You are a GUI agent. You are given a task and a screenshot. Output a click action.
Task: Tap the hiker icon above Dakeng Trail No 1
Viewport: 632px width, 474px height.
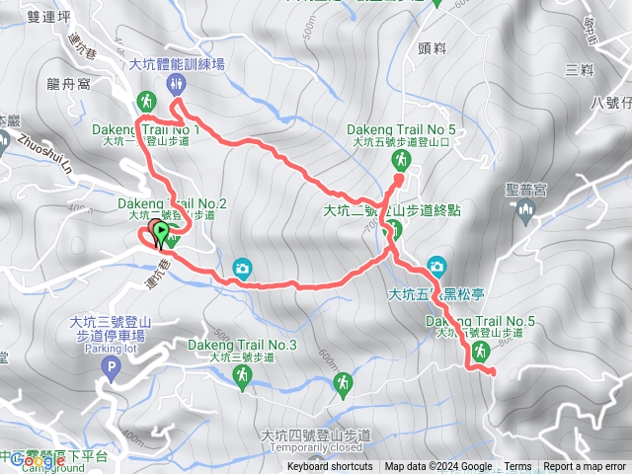click(x=146, y=100)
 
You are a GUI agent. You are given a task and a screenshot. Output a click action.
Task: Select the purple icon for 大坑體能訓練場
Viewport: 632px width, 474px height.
click(x=177, y=82)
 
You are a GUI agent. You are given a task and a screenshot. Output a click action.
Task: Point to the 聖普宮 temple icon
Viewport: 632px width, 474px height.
click(x=524, y=209)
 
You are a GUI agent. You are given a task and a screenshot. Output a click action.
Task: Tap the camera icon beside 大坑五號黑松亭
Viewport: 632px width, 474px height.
click(x=436, y=265)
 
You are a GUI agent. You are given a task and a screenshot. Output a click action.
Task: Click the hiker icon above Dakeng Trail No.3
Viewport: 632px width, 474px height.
click(x=241, y=374)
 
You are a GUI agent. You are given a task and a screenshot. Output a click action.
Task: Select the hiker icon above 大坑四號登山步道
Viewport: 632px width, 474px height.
click(x=343, y=382)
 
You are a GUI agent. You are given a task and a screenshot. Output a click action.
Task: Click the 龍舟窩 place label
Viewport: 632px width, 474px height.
click(x=70, y=85)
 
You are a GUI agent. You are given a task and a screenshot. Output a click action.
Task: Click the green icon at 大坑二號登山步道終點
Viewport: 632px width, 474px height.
click(x=392, y=230)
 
